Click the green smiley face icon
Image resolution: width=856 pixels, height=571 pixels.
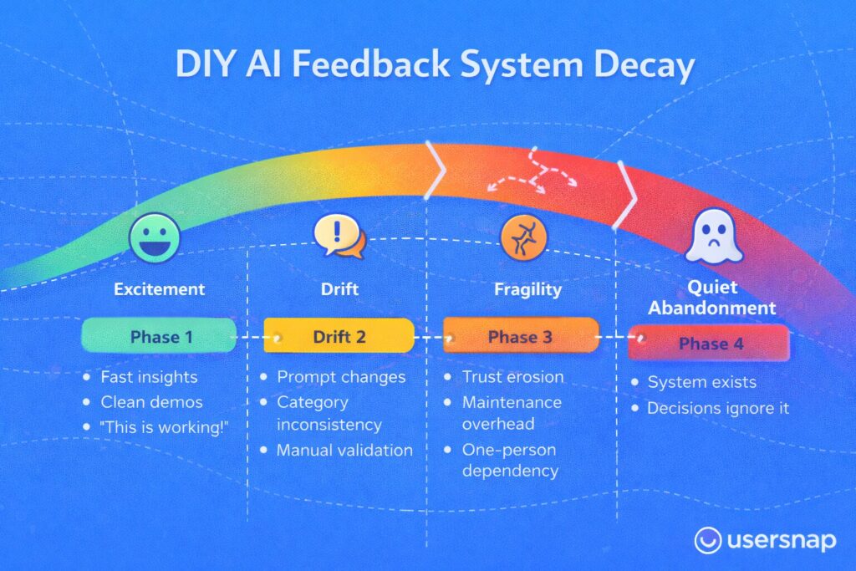(155, 238)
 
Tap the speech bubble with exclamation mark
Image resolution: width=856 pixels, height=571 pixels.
(339, 236)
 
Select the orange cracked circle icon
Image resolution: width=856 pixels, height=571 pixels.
(523, 237)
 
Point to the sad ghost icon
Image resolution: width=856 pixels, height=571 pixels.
(714, 237)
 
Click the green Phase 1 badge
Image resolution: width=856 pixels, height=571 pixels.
(159, 335)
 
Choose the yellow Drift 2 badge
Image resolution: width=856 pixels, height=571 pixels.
(339, 336)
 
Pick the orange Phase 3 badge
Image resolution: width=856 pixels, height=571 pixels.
(521, 336)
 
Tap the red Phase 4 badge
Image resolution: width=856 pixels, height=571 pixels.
(709, 343)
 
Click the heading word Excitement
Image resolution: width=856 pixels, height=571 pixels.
(160, 288)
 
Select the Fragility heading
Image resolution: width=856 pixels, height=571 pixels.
(527, 289)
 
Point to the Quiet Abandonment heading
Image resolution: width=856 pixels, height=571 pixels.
(712, 298)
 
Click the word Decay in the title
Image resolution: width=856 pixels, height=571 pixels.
(645, 64)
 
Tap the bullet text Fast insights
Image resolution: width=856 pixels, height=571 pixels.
(149, 377)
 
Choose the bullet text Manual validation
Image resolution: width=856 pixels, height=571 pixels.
(344, 450)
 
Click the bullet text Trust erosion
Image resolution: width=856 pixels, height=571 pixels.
(512, 377)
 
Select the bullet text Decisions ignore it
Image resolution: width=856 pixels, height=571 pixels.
(718, 408)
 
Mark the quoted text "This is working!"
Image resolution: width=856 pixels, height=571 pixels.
(164, 427)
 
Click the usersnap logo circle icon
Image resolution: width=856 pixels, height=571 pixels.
(708, 540)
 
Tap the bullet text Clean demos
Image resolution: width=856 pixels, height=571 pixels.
(151, 402)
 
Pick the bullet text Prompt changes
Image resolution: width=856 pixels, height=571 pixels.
(341, 377)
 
